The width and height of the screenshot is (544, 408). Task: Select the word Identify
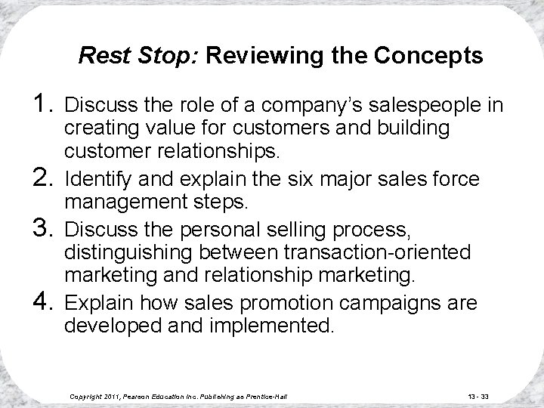point(94,180)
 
